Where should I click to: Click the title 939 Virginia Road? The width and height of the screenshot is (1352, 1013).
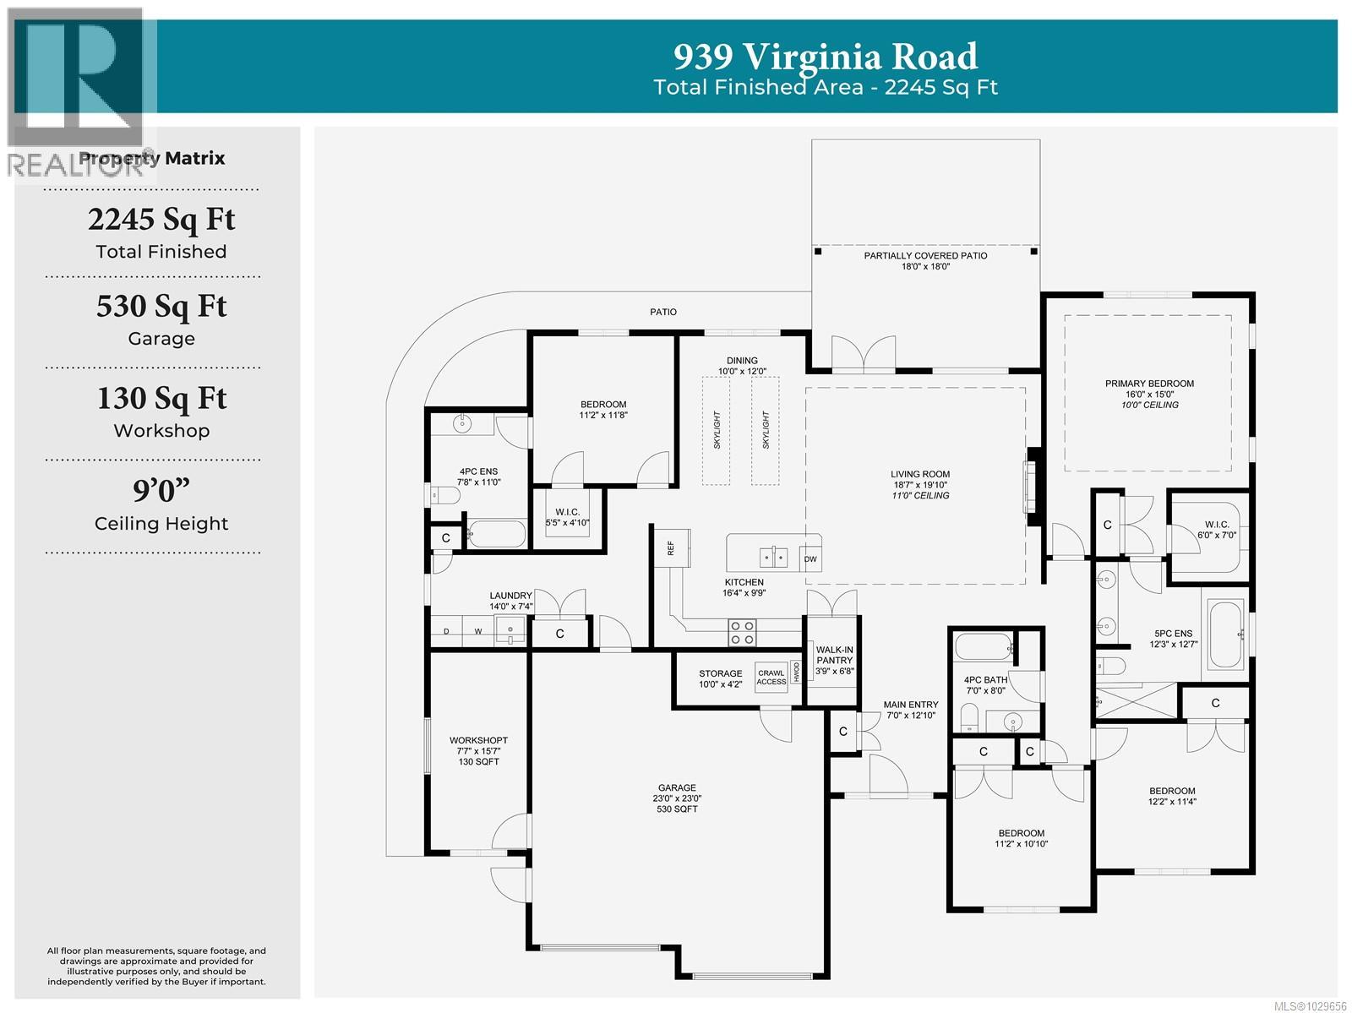[825, 57]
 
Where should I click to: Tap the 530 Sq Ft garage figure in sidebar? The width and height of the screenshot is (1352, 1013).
[161, 306]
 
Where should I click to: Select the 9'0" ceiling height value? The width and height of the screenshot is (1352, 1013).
[161, 490]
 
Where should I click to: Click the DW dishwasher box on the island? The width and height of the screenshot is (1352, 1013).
[810, 559]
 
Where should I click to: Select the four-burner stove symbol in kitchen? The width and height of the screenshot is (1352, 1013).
[742, 633]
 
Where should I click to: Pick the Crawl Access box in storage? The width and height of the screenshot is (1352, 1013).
[771, 677]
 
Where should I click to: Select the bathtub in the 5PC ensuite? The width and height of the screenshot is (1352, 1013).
[1225, 633]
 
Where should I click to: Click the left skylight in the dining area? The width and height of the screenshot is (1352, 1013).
[716, 430]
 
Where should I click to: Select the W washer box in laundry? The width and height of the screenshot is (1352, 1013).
[477, 631]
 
